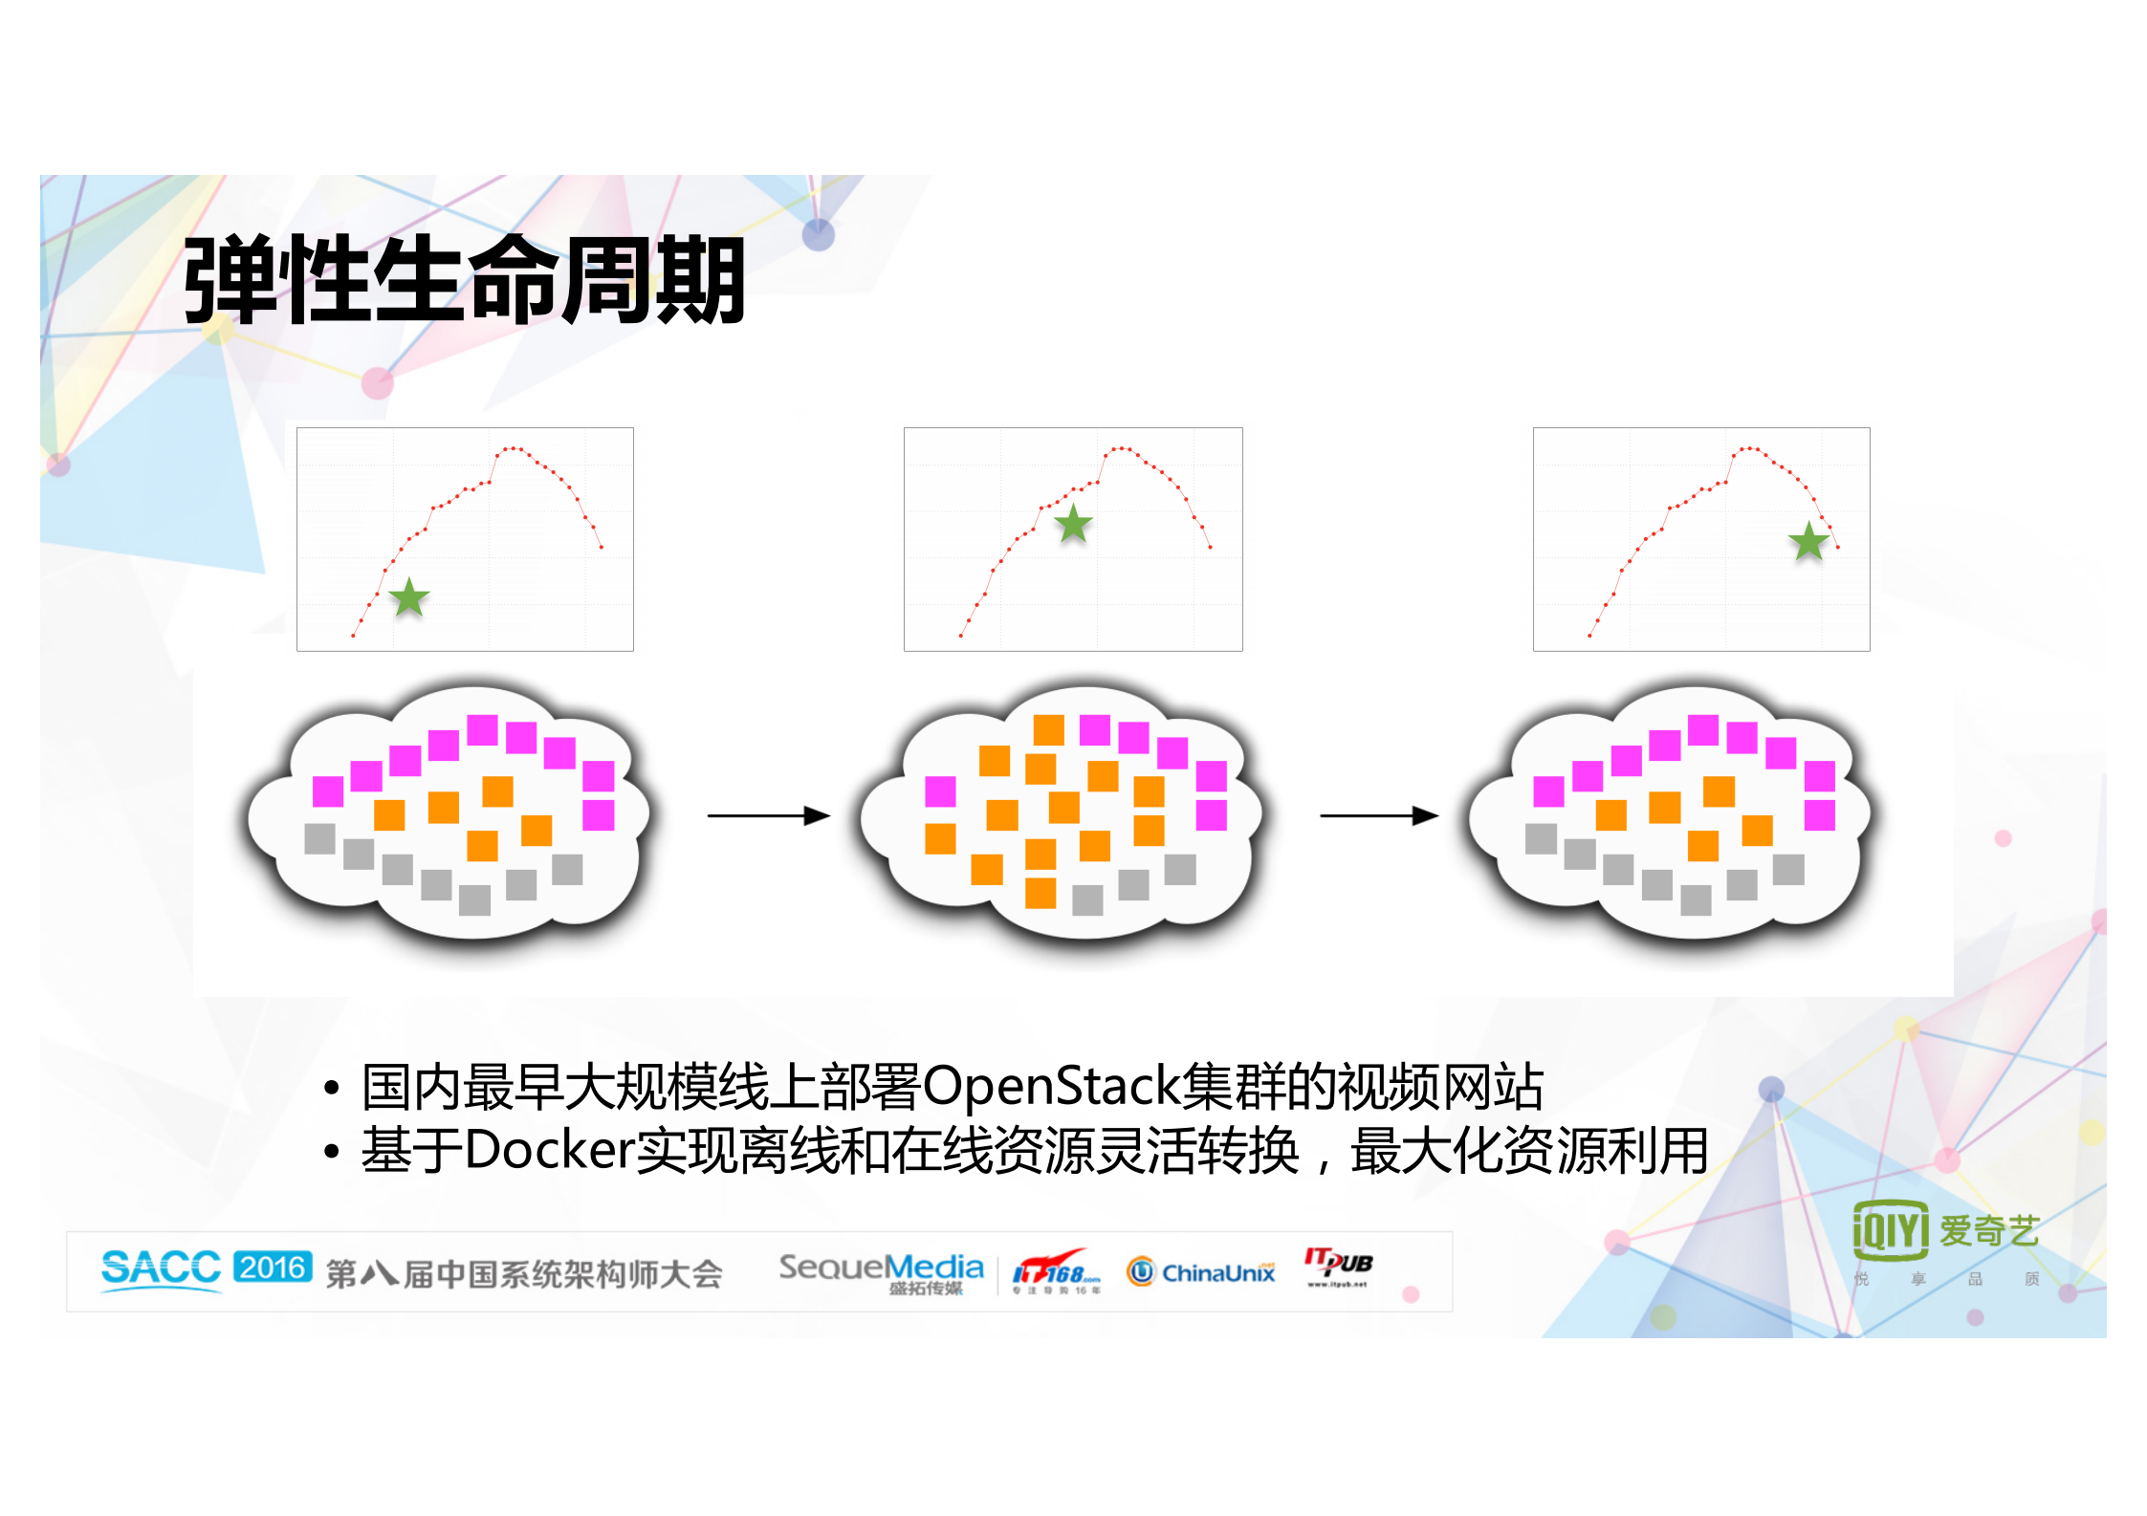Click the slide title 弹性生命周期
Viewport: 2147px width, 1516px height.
464,279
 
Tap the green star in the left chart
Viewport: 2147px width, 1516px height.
409,597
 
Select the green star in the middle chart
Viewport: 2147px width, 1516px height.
1074,524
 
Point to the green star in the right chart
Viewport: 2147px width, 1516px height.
1808,542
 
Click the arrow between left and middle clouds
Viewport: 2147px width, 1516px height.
768,815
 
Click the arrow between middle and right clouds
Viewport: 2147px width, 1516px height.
1379,815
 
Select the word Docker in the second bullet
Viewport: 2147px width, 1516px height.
550,1150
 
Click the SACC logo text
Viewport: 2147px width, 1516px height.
161,1268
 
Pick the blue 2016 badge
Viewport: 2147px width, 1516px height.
273,1267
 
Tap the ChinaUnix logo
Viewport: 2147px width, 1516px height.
1201,1272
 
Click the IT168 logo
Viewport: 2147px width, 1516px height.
1056,1271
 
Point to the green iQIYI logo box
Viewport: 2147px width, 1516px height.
1890,1229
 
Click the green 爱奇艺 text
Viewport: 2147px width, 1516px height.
1989,1230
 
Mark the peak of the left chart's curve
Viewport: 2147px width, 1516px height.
513,447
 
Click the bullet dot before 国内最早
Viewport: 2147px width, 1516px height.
331,1088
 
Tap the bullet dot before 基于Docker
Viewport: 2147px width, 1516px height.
331,1152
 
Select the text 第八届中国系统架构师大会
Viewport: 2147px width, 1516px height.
523,1274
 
